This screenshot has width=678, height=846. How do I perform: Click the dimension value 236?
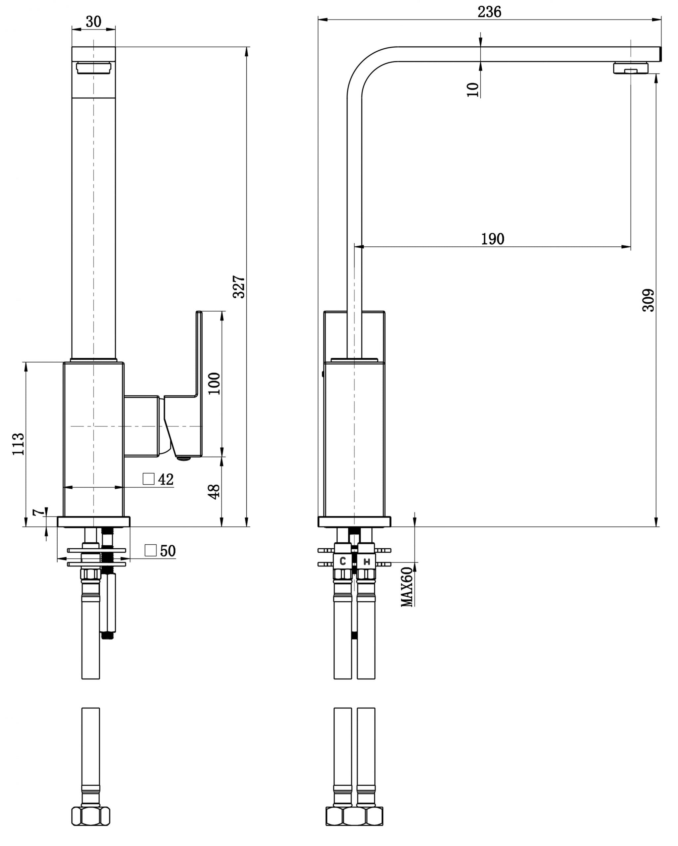tap(489, 12)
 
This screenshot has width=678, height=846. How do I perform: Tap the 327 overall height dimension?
tap(239, 287)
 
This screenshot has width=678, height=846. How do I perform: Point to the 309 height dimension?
tap(648, 300)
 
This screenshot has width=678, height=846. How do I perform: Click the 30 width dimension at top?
tap(93, 22)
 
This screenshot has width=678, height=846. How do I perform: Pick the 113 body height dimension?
tap(19, 444)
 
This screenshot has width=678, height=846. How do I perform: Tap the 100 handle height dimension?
tap(214, 383)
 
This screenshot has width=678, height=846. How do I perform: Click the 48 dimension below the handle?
tap(214, 492)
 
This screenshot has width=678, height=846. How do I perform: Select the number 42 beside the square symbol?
tap(166, 479)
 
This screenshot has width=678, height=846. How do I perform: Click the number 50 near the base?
tap(168, 551)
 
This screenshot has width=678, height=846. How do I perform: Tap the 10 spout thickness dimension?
tap(473, 89)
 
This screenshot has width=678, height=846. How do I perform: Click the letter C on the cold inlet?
tap(343, 562)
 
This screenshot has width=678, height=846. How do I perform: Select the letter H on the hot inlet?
tap(367, 562)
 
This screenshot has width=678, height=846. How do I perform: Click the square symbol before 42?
tap(148, 479)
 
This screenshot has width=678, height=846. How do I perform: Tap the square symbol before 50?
tap(151, 551)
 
